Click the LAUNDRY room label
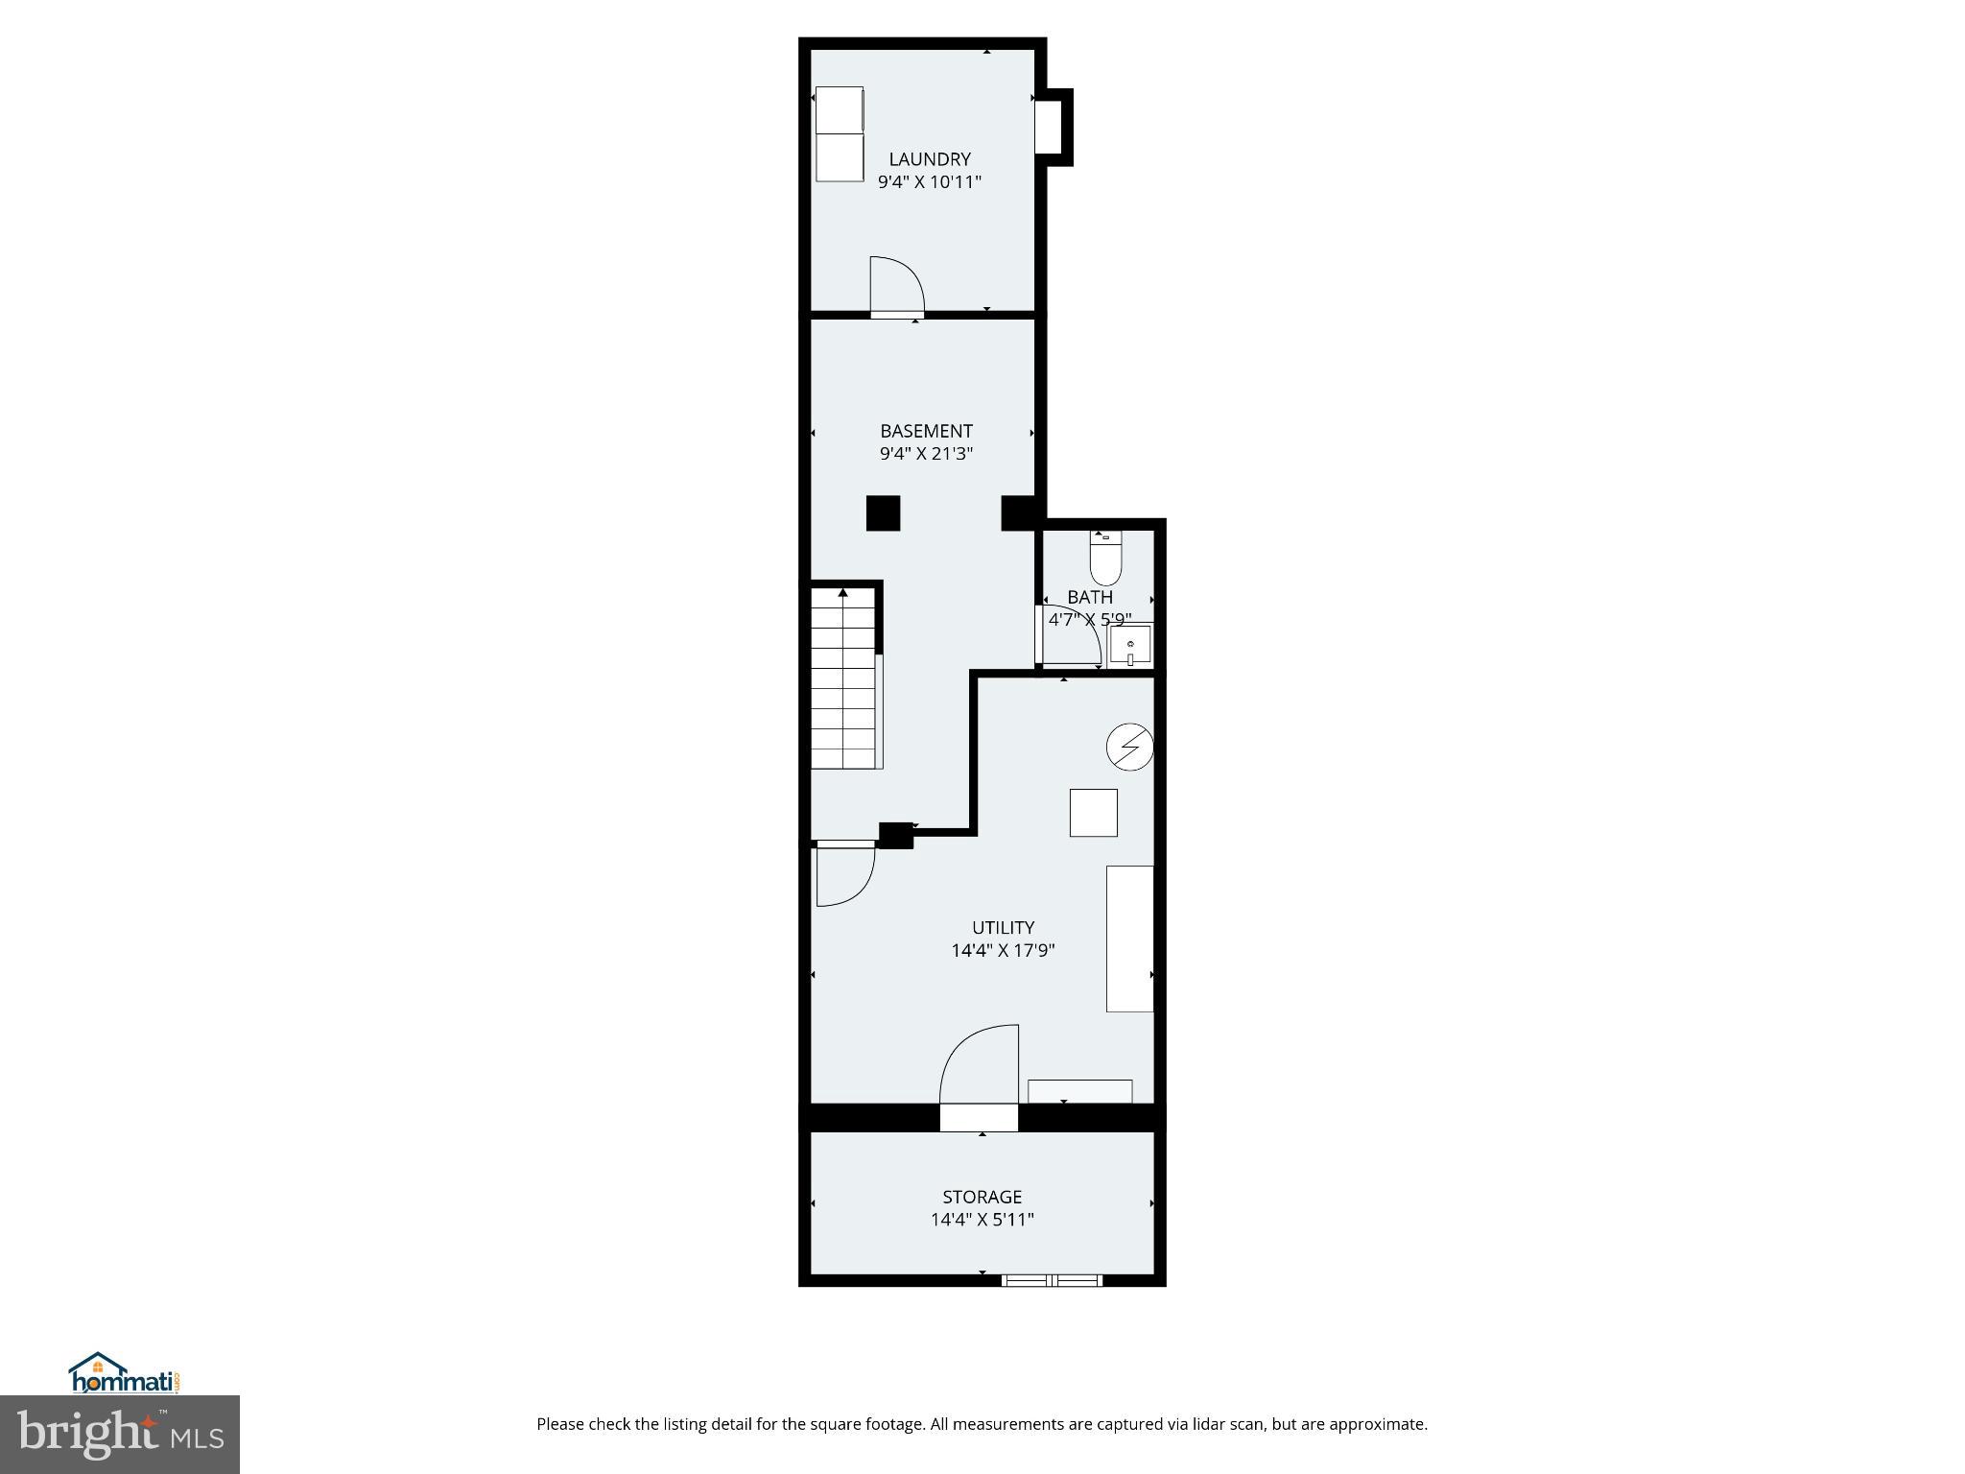tap(929, 159)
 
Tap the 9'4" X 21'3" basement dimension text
tap(926, 454)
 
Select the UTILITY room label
tap(1003, 928)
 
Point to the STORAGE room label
tap(982, 1197)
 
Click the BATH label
tap(1090, 597)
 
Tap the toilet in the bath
tap(1105, 559)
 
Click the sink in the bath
tap(1130, 645)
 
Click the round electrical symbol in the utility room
tap(1129, 746)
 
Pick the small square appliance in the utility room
tap(1093, 813)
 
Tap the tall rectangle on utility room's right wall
tap(1129, 939)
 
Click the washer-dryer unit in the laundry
tap(840, 134)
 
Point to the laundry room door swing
tap(895, 285)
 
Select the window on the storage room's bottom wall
tap(1052, 1280)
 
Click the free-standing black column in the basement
tap(883, 512)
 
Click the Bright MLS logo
tap(120, 1435)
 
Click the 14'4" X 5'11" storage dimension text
tap(982, 1220)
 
